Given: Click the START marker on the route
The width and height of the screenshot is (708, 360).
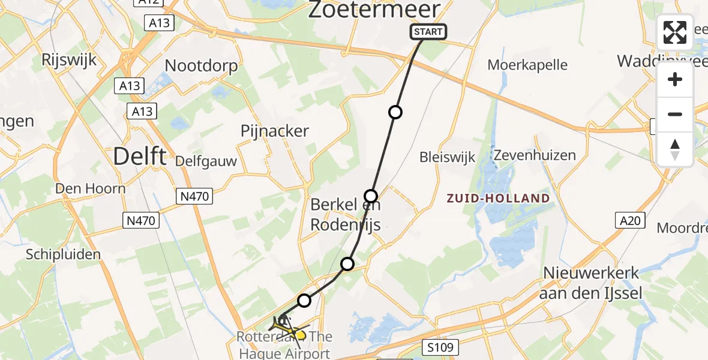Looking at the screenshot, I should [x=428, y=32].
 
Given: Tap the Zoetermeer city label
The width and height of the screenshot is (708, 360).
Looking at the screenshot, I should [x=374, y=10].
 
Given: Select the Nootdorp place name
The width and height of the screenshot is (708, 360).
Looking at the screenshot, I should [x=201, y=65].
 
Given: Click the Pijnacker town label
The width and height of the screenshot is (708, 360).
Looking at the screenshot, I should [x=275, y=131].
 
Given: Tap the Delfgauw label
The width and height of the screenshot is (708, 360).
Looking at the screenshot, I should [x=206, y=161].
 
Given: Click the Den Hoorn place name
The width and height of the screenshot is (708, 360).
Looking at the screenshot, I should [x=90, y=188].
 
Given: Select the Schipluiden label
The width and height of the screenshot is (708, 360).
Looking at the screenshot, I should [x=62, y=254].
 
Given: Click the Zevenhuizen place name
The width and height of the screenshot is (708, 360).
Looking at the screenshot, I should [x=534, y=155].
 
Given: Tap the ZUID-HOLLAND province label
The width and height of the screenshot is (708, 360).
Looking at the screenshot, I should [x=498, y=198].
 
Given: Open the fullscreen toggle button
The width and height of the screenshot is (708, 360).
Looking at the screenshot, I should [x=675, y=32].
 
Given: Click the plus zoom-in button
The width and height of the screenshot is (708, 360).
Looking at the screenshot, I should [x=675, y=79].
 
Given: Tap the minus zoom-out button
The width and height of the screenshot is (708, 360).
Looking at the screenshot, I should [x=675, y=114].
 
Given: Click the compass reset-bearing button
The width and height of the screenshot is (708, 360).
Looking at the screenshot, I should [x=675, y=149].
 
